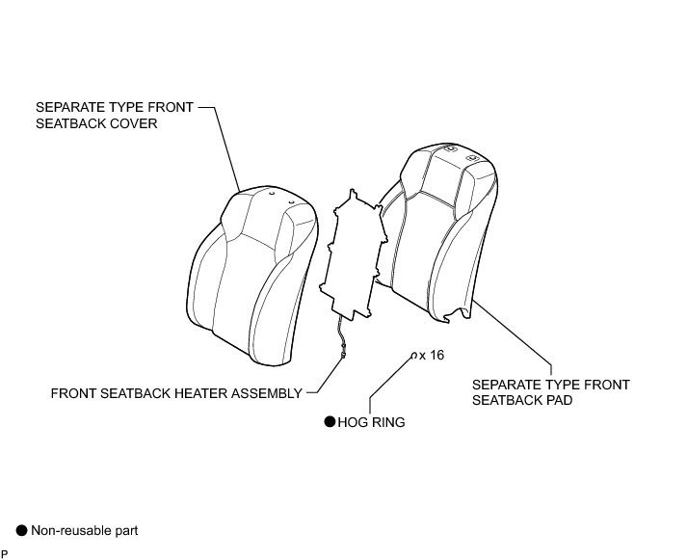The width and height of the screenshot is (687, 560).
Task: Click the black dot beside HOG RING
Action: (329, 421)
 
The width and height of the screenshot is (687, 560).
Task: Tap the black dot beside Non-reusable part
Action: (21, 530)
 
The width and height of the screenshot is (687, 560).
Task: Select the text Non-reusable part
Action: (85, 530)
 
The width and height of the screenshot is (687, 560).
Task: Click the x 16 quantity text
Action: (433, 356)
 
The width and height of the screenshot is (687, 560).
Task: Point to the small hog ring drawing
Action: (414, 356)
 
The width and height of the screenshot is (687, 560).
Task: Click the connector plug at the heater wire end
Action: (343, 354)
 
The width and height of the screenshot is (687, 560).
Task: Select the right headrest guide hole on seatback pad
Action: (471, 157)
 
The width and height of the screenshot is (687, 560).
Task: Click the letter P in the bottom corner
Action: (5, 553)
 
